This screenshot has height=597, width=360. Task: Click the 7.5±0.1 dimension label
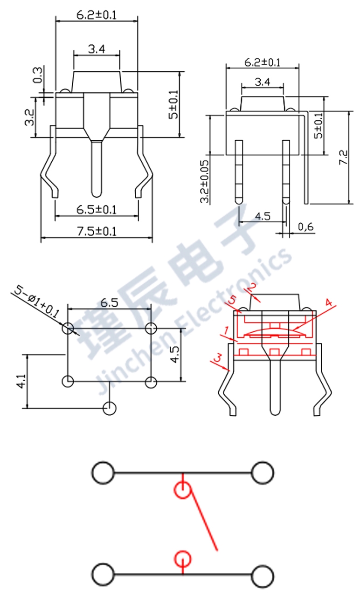pos(97,232)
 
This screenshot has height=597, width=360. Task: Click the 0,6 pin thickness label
pos(306,227)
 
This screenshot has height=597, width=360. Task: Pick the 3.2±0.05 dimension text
pos(204,180)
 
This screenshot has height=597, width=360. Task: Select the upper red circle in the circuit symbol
pos(182,490)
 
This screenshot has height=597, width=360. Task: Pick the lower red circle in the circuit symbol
pos(182,558)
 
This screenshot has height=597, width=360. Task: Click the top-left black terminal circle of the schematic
pos(103,473)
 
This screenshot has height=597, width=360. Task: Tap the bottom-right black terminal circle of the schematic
pos(262,576)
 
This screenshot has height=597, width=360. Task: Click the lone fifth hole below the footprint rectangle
pos(110,408)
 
